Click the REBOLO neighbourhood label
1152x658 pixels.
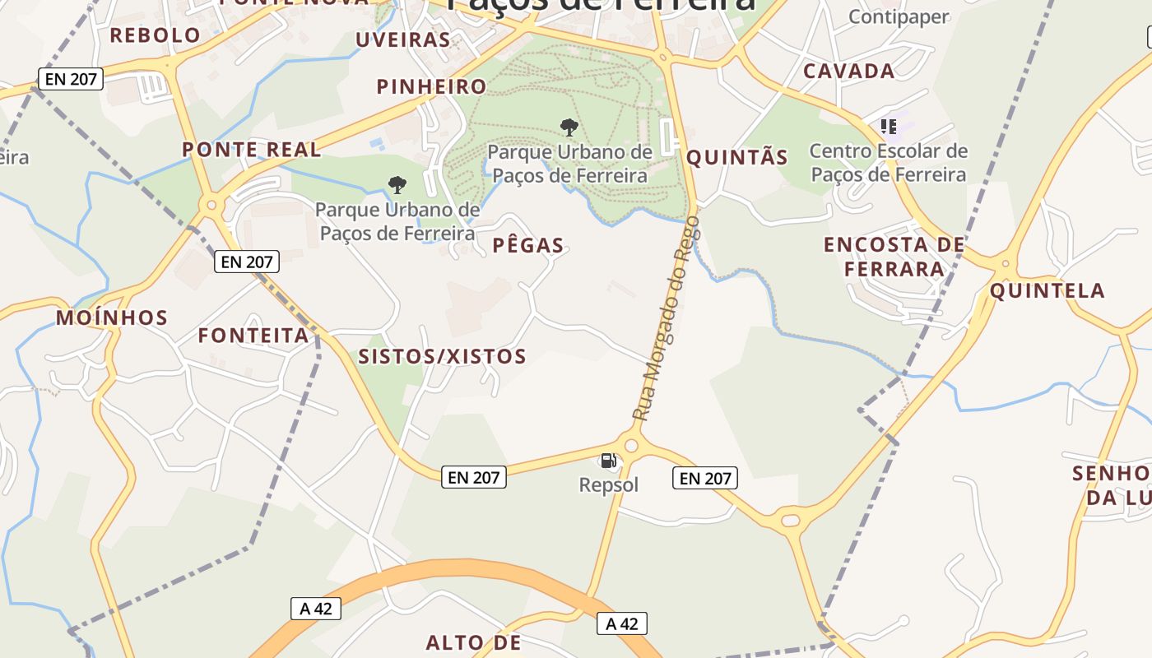tap(155, 35)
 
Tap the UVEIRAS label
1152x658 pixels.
tap(402, 39)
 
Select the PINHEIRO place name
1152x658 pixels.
tap(431, 86)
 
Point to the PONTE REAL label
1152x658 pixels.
tap(251, 150)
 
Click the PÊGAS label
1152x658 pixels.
tap(528, 245)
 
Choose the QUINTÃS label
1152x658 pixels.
tap(737, 158)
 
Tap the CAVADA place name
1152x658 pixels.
tap(848, 71)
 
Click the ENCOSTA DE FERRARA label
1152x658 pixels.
tap(894, 257)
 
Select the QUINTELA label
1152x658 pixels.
tap(1047, 290)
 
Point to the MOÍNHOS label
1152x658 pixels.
tap(112, 317)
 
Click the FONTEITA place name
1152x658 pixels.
tap(253, 336)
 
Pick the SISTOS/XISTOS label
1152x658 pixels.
tap(442, 356)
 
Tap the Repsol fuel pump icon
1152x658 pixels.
tap(608, 461)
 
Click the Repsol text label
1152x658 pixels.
tap(608, 485)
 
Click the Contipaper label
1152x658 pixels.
tap(898, 16)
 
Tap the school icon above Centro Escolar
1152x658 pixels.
tap(888, 126)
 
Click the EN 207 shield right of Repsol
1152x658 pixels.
tap(704, 478)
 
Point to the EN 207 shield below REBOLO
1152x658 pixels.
tap(70, 80)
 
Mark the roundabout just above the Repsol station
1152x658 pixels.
tap(631, 446)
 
